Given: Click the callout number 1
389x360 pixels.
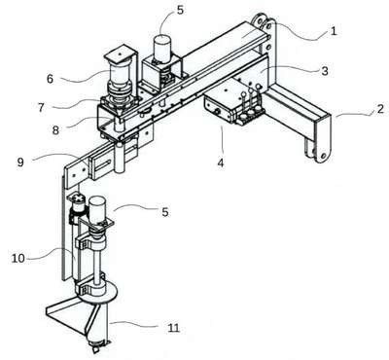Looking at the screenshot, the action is coord(334,31).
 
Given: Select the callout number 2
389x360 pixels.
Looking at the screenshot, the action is coord(380,109).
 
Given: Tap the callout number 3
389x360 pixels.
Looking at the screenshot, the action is coord(325,71).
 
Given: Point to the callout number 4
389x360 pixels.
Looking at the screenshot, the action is coord(221,162).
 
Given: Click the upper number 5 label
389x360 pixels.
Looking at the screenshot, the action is coord(180,10).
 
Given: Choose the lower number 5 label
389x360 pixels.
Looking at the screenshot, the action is coord(165,212).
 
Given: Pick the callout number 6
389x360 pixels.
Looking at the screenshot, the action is coord(50,79).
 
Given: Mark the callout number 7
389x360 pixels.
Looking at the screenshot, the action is coord(41,107).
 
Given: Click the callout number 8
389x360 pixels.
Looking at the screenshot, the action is coord(55,130).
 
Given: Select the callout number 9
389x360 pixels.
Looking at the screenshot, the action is coord(20,162).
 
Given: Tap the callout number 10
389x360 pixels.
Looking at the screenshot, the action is coord(18,259).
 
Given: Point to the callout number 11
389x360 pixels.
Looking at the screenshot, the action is coord(174,328).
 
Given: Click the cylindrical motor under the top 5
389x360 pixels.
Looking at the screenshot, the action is coord(161,48).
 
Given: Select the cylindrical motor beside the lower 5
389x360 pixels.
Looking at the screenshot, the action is coord(96,209).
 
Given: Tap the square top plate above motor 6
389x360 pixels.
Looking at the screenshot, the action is coord(120,54).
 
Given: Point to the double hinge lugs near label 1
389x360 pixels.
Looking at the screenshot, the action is coord(265,22).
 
